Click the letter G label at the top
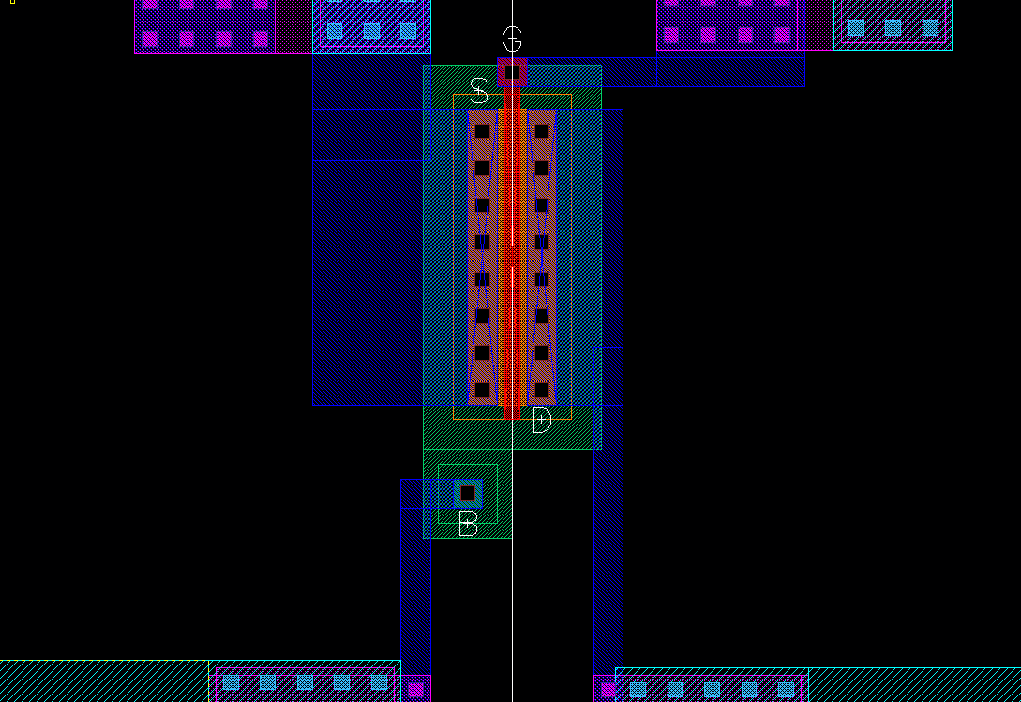(512, 39)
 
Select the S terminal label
(478, 90)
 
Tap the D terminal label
(542, 420)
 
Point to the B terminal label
(468, 524)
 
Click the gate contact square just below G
(512, 72)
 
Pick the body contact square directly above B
(468, 493)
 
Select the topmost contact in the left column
(482, 131)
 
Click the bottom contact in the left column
(482, 390)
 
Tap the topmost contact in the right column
(541, 131)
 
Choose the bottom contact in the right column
(541, 390)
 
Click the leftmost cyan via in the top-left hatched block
(334, 31)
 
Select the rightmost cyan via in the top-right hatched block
(929, 28)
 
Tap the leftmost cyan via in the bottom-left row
(231, 682)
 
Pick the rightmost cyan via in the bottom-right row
(786, 690)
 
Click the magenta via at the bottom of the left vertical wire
(415, 690)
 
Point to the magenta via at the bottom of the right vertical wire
(608, 690)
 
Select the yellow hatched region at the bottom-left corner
(103, 681)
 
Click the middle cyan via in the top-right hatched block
(893, 28)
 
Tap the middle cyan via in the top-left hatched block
(371, 31)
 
